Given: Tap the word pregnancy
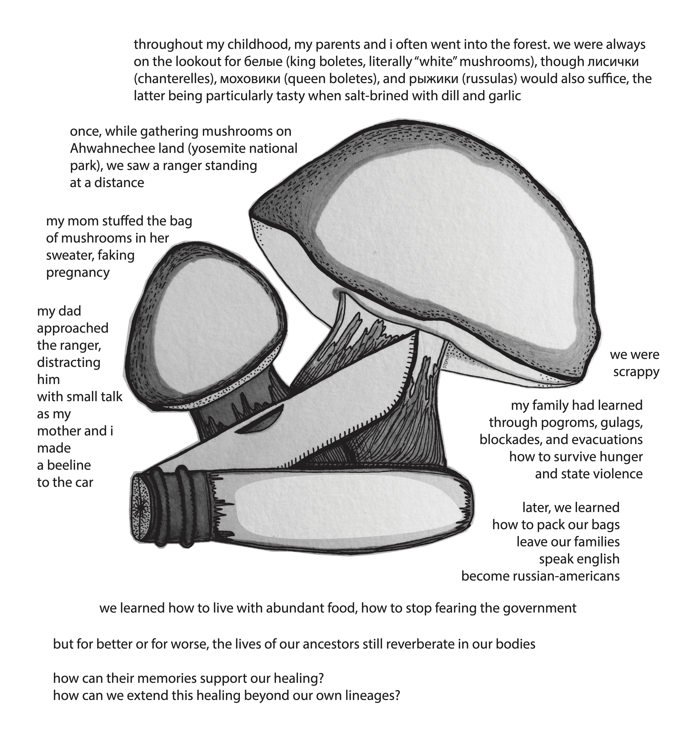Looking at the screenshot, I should [x=78, y=272].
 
